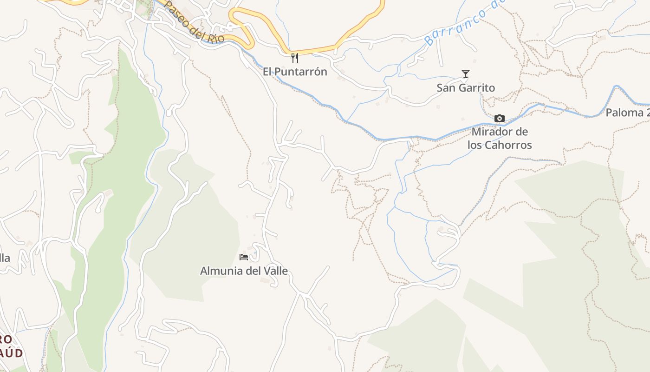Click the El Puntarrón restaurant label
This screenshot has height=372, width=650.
[x=295, y=72]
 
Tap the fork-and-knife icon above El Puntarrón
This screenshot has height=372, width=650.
[x=294, y=58]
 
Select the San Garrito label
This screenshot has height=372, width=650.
[x=466, y=88]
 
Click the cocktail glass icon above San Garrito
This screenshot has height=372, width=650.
[x=466, y=74]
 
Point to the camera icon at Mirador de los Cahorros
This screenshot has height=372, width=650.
[x=500, y=119]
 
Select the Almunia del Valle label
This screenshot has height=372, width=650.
[x=244, y=271]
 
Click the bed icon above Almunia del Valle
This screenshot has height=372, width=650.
[x=244, y=257]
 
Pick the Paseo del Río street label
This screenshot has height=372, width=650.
[x=195, y=22]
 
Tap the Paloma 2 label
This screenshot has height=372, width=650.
[x=627, y=113]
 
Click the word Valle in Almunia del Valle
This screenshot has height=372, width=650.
[x=274, y=271]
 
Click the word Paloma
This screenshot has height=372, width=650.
[x=624, y=113]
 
